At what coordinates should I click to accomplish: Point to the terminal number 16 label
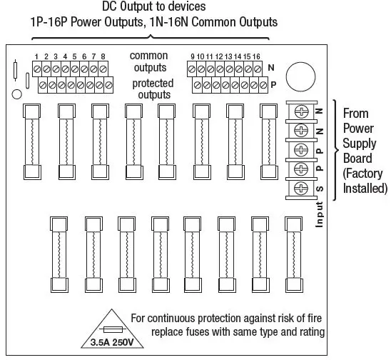pos(256,56)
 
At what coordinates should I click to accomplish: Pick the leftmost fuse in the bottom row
pos(59,254)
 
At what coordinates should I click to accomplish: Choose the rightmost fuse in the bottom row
pos(294,254)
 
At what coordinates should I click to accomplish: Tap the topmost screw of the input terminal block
pos(300,111)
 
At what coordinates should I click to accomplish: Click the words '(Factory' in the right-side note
pos(363,174)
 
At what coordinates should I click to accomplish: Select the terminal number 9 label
pos(193,56)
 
